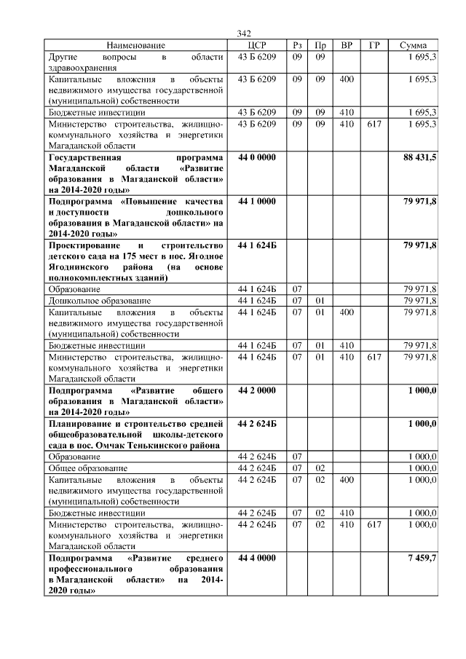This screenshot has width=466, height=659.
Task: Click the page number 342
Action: coord(244,33)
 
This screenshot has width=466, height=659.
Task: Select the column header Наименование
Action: coord(136,45)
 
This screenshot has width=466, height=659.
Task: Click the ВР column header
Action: coord(347,45)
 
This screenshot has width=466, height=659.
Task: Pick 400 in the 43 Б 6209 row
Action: coord(347,79)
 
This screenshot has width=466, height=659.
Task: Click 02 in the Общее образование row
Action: coord(320,467)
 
